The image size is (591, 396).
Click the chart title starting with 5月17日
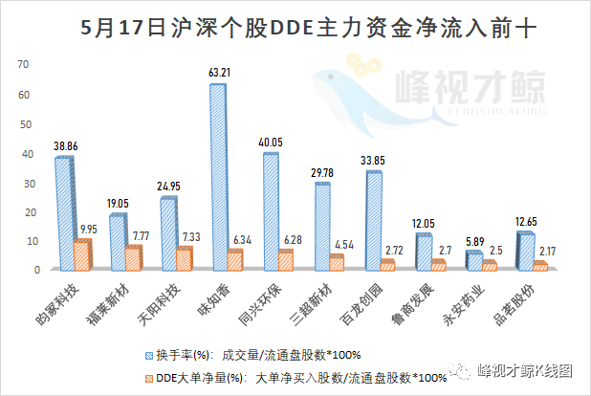[x=295, y=28]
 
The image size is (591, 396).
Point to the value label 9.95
[x=88, y=229]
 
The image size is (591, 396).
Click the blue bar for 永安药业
[x=474, y=260]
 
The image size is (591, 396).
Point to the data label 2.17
[x=549, y=251]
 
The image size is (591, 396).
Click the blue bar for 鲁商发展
[x=424, y=252]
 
